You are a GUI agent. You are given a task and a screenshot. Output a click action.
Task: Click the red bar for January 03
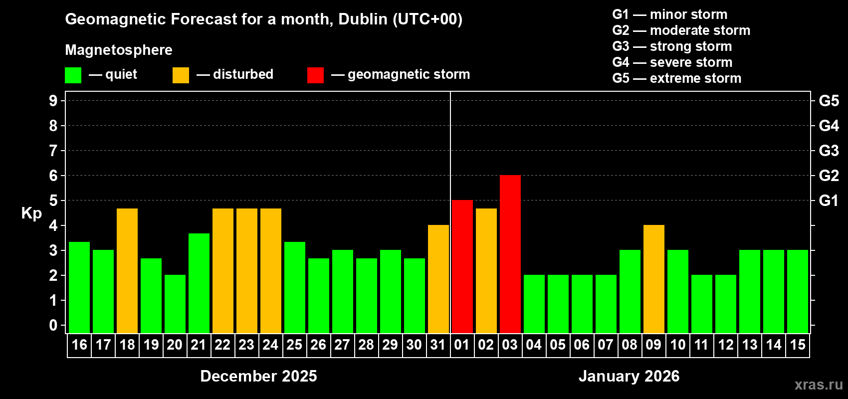[510, 254]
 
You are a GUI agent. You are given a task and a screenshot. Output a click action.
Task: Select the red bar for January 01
[462, 267]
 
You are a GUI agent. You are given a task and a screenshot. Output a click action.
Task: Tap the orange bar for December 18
[127, 271]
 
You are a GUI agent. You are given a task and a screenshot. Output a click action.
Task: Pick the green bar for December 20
[175, 304]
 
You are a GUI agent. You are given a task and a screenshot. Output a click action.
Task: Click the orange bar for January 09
[653, 279]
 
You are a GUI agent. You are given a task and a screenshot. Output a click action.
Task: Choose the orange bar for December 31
[438, 279]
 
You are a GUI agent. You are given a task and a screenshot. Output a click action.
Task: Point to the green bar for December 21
[199, 283]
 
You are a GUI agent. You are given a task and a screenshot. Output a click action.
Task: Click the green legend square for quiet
[73, 75]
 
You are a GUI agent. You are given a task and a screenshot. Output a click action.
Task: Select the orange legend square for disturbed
[181, 75]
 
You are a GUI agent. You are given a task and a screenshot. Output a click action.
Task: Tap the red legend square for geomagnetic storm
[315, 75]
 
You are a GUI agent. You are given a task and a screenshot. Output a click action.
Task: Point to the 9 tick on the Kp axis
[53, 101]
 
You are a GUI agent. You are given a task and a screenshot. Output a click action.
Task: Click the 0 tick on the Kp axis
[53, 325]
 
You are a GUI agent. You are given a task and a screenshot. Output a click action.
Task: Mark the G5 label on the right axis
[829, 101]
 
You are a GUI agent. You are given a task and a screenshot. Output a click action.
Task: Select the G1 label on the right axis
[829, 200]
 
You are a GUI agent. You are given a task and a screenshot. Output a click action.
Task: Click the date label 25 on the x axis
[294, 345]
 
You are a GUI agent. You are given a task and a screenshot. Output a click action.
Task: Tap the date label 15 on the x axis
[797, 345]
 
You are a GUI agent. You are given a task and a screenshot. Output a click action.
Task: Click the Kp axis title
[31, 213]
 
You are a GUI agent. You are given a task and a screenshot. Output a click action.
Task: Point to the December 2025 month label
[258, 376]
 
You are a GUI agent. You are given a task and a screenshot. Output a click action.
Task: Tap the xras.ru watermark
[819, 385]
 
